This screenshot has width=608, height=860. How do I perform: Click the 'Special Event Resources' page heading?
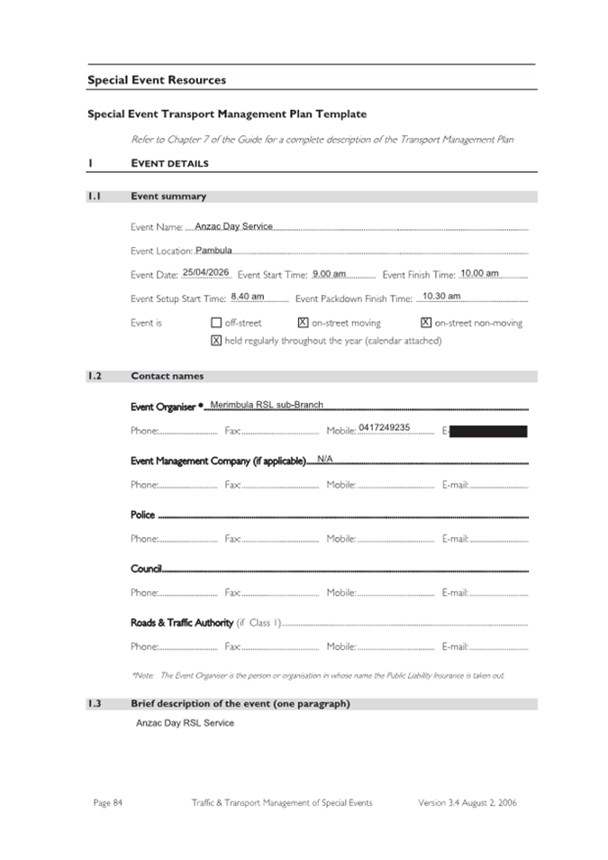(x=157, y=80)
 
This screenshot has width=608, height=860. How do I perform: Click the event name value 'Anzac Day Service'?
(x=233, y=226)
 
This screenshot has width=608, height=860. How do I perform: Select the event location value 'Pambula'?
(x=213, y=250)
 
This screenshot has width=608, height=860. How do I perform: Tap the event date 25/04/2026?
(x=206, y=272)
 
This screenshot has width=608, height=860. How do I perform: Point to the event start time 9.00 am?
(x=329, y=273)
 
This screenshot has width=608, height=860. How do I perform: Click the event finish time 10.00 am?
(x=479, y=273)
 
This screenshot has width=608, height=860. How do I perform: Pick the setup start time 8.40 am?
(x=248, y=296)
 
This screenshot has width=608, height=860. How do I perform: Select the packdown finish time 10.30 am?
(x=441, y=296)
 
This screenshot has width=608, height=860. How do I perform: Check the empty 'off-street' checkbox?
(x=216, y=323)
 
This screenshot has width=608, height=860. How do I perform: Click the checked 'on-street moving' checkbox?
(x=303, y=323)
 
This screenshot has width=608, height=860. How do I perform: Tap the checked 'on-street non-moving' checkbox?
(x=426, y=323)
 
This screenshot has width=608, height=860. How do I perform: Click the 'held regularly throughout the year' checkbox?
(x=216, y=341)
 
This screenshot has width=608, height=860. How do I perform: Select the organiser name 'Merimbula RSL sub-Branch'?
(x=267, y=405)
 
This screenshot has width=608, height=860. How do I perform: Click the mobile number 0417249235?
(x=384, y=427)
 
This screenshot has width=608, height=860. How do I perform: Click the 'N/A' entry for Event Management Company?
(x=325, y=459)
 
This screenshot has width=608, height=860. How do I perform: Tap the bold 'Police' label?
(x=142, y=515)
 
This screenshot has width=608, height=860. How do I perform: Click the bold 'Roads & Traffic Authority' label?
(x=182, y=623)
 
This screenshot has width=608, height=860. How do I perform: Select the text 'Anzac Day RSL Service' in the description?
(x=185, y=723)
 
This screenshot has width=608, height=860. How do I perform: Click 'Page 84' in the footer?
(x=107, y=802)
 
